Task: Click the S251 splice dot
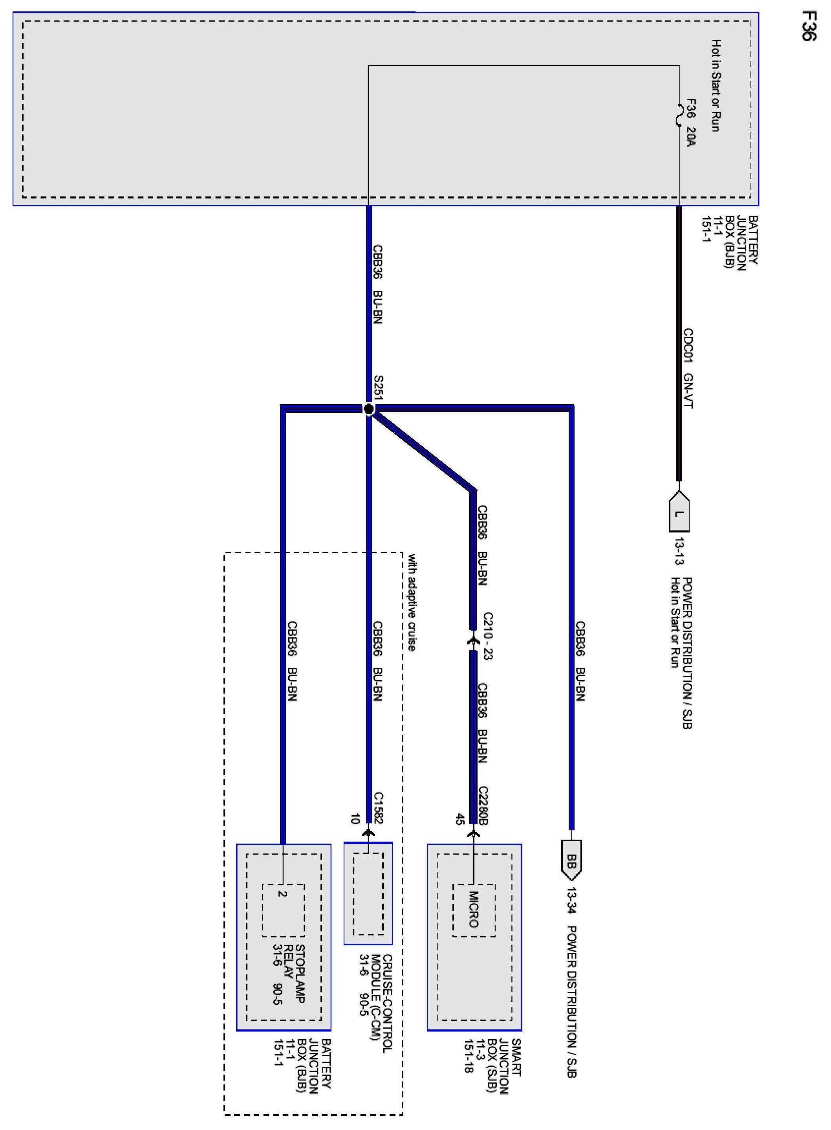pyautogui.click(x=369, y=409)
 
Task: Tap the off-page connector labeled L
pyautogui.click(x=679, y=513)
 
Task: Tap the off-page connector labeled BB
pyautogui.click(x=571, y=860)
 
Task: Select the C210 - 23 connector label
pyautogui.click(x=487, y=636)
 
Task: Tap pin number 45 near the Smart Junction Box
pyautogui.click(x=459, y=820)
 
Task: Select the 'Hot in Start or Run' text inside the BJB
pyautogui.click(x=715, y=86)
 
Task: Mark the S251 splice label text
pyautogui.click(x=378, y=388)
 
